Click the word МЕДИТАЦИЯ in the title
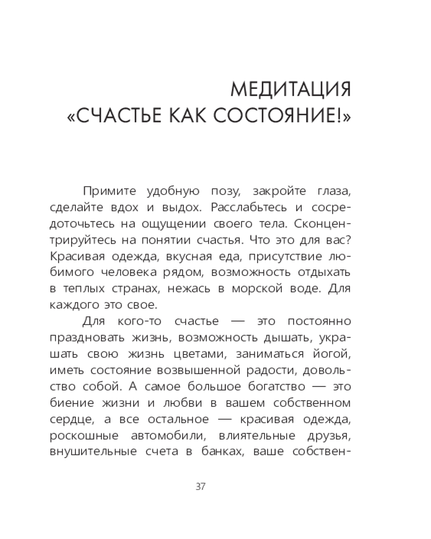point(290,89)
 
